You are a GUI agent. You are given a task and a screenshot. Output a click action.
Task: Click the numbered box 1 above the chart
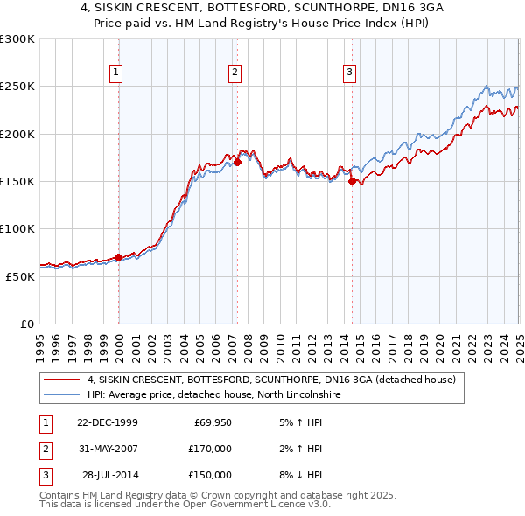click(x=115, y=73)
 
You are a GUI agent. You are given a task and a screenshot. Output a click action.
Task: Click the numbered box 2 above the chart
click(x=235, y=73)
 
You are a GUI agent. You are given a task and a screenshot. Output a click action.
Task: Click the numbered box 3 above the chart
click(x=349, y=73)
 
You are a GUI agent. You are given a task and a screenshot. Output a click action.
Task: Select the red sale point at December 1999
click(x=119, y=257)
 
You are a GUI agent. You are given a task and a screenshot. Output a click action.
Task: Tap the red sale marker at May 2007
click(x=238, y=162)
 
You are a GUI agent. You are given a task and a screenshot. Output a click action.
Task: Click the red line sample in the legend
click(x=61, y=380)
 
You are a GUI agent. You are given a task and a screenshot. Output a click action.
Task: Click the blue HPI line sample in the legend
click(x=61, y=395)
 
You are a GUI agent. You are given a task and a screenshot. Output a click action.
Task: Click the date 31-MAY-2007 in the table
click(x=107, y=449)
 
